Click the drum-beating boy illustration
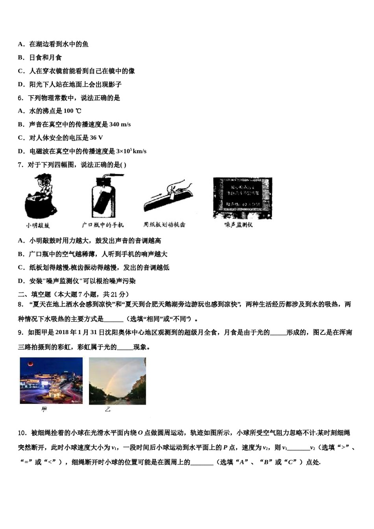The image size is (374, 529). (40, 197)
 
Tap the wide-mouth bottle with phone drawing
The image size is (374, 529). (103, 197)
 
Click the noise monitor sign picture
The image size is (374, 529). (243, 198)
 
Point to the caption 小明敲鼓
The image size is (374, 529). (38, 225)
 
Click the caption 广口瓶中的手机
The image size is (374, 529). (103, 225)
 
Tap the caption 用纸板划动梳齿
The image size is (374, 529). (164, 224)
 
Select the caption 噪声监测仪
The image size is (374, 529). (239, 225)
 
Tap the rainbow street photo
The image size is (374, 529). (117, 381)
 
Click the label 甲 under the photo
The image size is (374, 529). (44, 410)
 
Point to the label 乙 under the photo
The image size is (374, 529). (107, 410)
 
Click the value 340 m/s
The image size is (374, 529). (120, 124)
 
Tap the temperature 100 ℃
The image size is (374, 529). (72, 111)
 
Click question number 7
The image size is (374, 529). (20, 165)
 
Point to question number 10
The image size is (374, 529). (22, 433)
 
